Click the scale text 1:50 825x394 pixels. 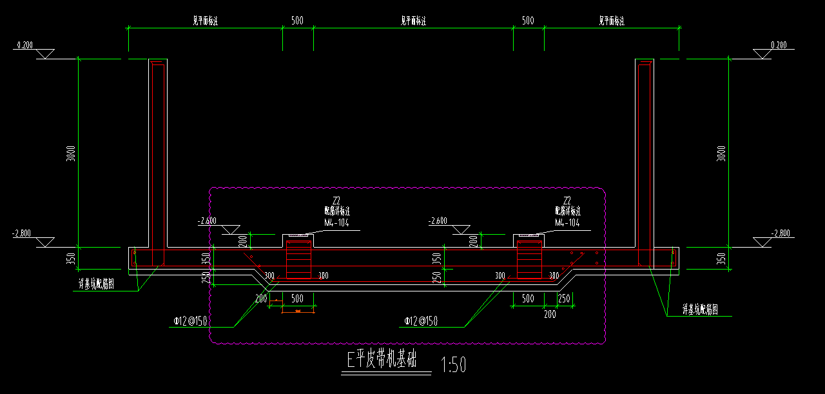[452, 366]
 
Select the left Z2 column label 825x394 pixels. [336, 200]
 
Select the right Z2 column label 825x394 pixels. [567, 200]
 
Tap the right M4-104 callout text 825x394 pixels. [567, 223]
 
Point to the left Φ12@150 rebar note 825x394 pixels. [189, 321]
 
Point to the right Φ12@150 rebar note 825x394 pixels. [421, 321]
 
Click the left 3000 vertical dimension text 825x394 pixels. [72, 153]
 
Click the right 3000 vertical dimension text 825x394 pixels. [722, 153]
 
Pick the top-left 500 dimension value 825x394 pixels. [297, 21]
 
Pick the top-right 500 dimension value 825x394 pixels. [528, 21]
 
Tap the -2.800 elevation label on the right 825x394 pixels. [781, 233]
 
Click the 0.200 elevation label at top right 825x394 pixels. [779, 45]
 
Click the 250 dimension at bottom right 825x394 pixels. [564, 299]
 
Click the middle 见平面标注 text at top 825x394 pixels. [413, 21]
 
